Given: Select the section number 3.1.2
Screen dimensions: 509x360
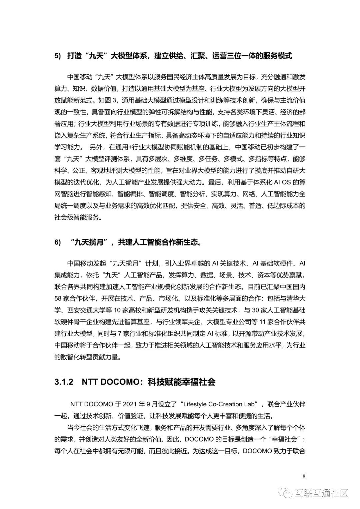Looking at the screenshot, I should coord(64,382).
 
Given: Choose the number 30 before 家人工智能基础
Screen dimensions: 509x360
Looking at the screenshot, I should coord(256,310).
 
